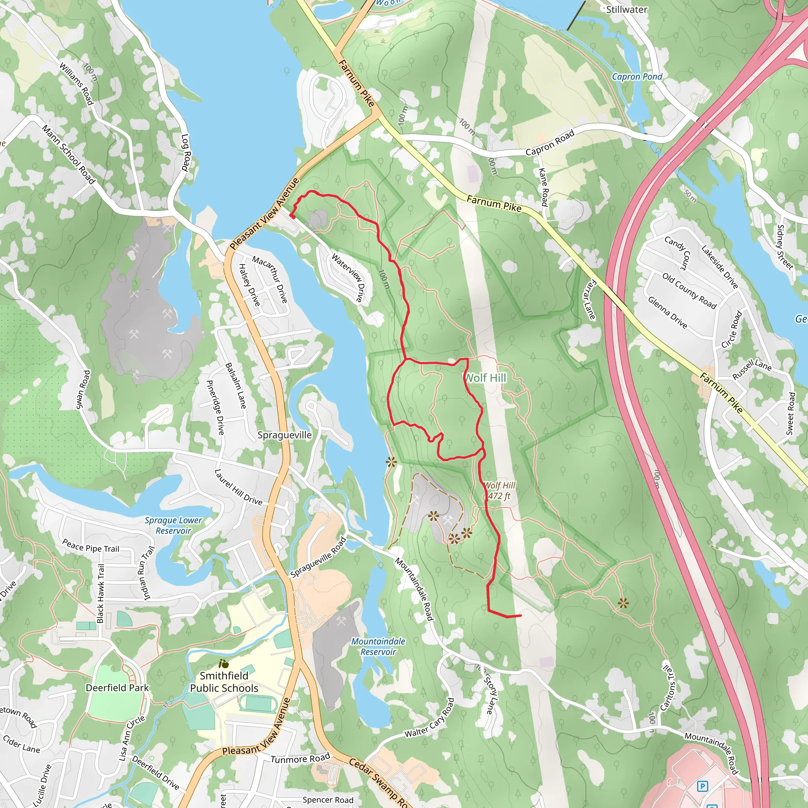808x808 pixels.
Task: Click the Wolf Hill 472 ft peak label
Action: (499, 490)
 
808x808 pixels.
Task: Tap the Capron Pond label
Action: (636, 77)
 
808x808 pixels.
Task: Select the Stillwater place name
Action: (627, 9)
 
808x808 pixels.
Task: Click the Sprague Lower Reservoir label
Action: (173, 525)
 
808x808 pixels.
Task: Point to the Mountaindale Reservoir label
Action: (378, 646)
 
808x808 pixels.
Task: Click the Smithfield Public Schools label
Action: (224, 682)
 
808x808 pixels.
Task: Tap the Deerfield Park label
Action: (117, 688)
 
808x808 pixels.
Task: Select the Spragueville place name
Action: (284, 435)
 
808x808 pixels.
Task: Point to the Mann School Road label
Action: (69, 154)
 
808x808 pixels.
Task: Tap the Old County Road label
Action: (689, 291)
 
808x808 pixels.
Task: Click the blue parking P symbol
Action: (703, 786)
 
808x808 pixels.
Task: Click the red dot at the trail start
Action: (292, 216)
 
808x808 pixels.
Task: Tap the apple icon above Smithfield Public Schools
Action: (224, 664)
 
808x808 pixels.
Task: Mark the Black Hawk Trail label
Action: (101, 593)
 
